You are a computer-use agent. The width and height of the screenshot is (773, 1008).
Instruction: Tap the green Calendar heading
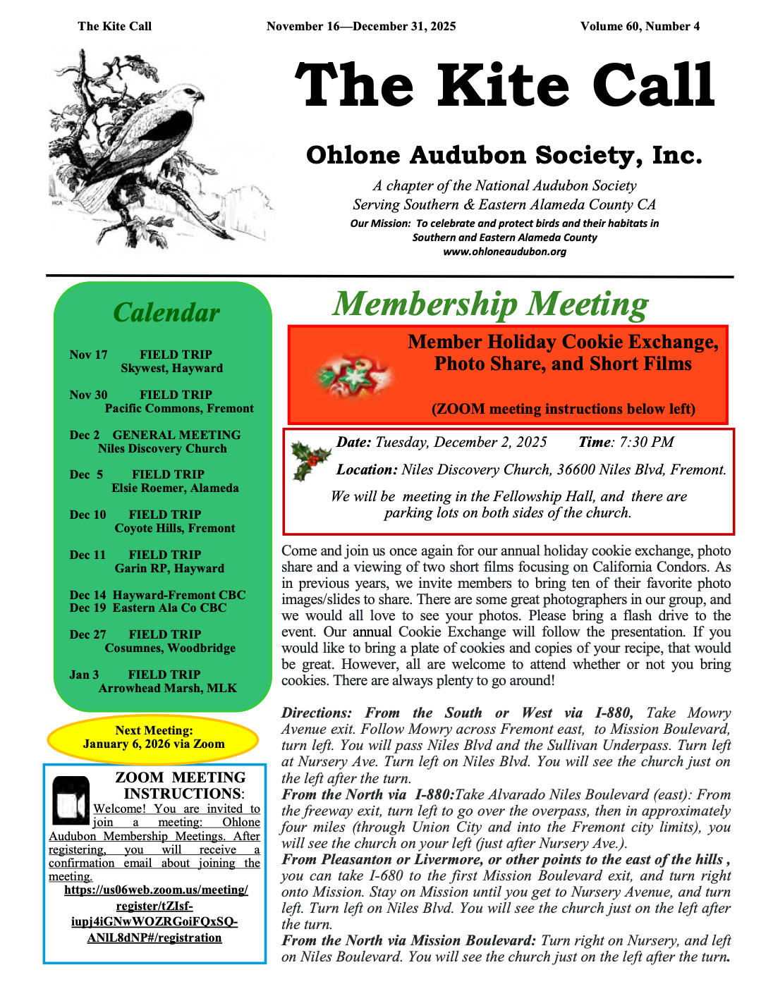[x=166, y=312]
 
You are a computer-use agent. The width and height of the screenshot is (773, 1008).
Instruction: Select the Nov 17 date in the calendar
[x=88, y=355]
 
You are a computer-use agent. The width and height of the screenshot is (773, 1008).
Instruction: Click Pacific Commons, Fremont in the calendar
[x=179, y=408]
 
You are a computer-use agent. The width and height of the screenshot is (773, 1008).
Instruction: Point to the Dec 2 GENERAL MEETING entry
[x=155, y=435]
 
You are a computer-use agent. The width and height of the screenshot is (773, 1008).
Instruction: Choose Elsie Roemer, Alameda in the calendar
[x=175, y=488]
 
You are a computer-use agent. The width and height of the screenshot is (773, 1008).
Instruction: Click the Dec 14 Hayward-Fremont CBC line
[x=157, y=595]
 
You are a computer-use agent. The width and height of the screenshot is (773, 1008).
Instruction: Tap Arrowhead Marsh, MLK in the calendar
[x=168, y=688]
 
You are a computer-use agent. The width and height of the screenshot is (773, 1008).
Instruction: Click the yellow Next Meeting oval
[x=154, y=737]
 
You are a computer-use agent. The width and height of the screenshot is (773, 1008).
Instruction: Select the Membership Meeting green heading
[x=490, y=304]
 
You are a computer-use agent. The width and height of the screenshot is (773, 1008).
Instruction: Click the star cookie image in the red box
[x=352, y=374]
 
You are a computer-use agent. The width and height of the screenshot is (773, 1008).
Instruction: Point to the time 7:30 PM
[x=646, y=442]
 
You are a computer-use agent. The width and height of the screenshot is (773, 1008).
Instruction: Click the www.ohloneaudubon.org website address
[x=504, y=252]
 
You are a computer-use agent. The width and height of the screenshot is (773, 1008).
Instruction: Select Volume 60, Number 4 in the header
[x=640, y=27]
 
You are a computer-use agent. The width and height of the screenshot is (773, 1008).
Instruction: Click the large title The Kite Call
[x=504, y=85]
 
